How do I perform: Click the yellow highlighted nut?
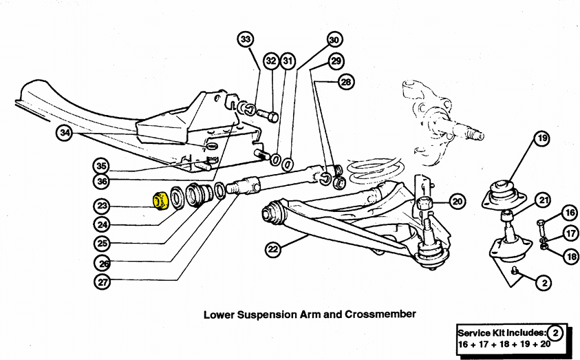pyautogui.click(x=161, y=200)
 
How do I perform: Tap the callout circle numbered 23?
pyautogui.click(x=102, y=206)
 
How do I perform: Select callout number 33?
pyautogui.click(x=246, y=39)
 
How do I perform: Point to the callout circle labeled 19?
pyautogui.click(x=542, y=138)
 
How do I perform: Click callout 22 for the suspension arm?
pyautogui.click(x=273, y=249)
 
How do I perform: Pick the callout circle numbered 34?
pyautogui.click(x=65, y=133)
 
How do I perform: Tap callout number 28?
pyautogui.click(x=346, y=81)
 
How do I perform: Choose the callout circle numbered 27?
pyautogui.click(x=103, y=282)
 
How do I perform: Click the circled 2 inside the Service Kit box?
pyautogui.click(x=555, y=333)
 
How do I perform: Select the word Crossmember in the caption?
pyautogui.click(x=380, y=315)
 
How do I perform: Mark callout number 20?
pyautogui.click(x=458, y=201)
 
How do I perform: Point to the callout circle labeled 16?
pyautogui.click(x=570, y=213)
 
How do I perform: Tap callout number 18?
pyautogui.click(x=572, y=256)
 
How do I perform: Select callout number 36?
pyautogui.click(x=102, y=181)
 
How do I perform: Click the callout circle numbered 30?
pyautogui.click(x=334, y=40)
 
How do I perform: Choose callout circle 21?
pyautogui.click(x=543, y=200)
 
